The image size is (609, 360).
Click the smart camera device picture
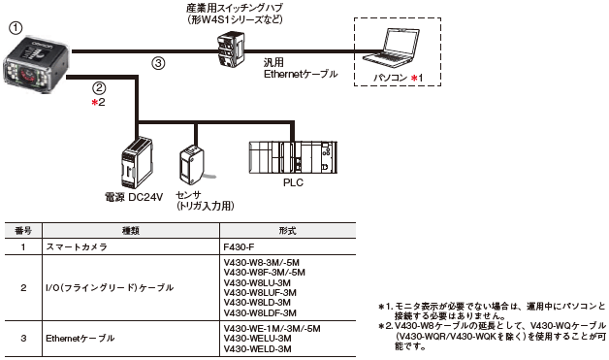click(37, 63)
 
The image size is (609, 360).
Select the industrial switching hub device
click(231, 49)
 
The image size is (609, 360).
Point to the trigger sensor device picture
click(191, 164)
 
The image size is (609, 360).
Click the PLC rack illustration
click(293, 157)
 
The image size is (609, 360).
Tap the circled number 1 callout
click(16, 28)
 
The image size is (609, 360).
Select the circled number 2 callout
click(99, 88)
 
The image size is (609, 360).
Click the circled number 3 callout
click(158, 63)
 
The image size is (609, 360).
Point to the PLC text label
click(293, 182)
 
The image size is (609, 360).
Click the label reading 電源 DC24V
click(134, 198)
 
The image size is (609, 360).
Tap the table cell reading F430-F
click(239, 246)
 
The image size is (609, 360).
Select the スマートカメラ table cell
click(77, 246)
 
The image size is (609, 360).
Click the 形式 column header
click(287, 231)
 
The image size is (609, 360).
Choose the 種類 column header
click(131, 231)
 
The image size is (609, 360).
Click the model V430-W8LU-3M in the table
click(257, 282)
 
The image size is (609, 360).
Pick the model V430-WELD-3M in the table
click(258, 348)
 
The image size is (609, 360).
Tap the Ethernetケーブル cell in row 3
click(80, 339)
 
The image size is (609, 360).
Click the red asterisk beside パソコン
click(414, 79)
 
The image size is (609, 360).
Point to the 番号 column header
click(23, 231)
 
